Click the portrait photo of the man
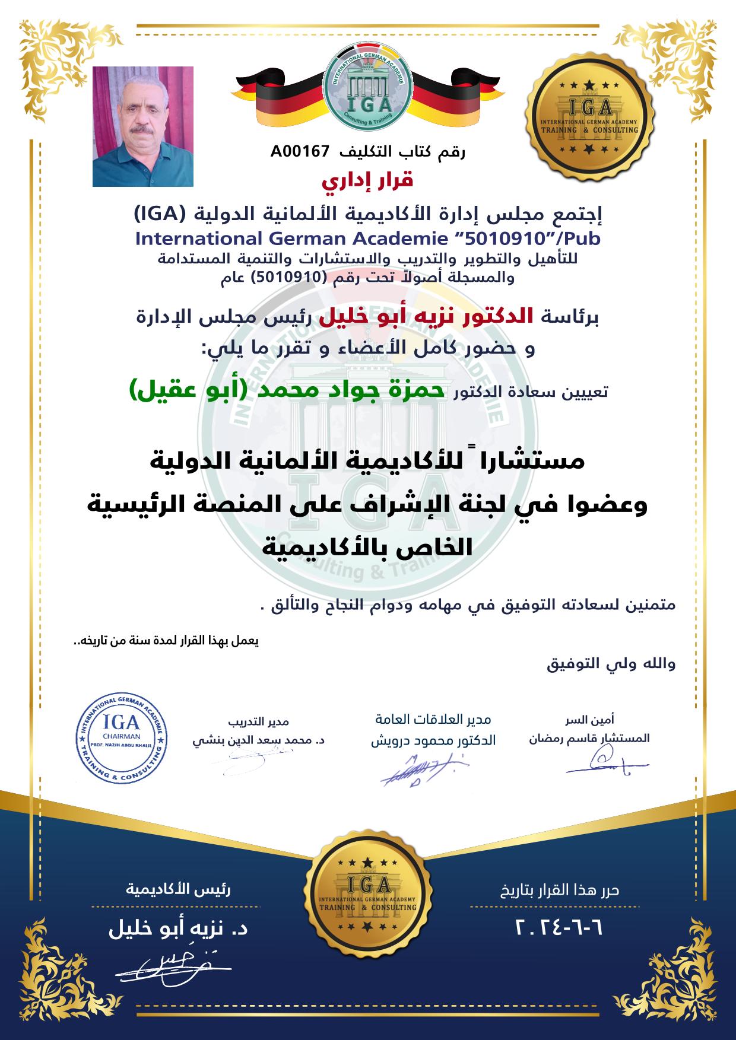(x=143, y=126)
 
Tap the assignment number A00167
(x=300, y=152)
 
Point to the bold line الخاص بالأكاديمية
(x=368, y=546)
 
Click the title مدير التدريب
(x=259, y=721)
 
